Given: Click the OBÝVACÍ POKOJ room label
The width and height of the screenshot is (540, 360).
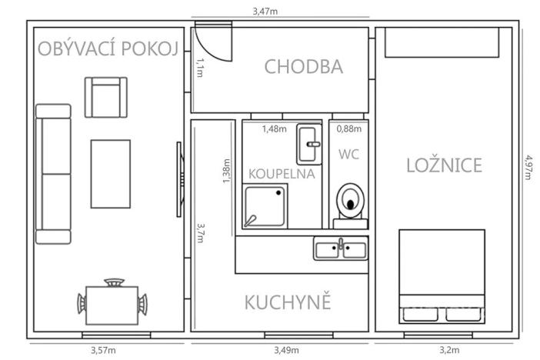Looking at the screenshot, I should (x=108, y=50).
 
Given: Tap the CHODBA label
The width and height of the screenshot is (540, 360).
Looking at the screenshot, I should (x=303, y=66).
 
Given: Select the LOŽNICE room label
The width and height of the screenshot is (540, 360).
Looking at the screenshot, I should (x=444, y=165).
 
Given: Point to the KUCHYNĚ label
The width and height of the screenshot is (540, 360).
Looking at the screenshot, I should (x=288, y=302).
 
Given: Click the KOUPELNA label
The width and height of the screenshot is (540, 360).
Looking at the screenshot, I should (x=282, y=173).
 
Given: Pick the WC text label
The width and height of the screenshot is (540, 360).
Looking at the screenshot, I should (x=348, y=154).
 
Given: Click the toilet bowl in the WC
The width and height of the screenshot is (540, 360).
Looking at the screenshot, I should (x=350, y=200).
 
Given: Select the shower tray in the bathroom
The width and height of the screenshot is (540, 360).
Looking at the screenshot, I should (x=265, y=206).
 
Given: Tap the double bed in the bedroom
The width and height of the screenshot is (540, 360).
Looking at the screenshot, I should (x=442, y=275).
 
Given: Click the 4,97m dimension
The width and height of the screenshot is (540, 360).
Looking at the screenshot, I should (x=528, y=165).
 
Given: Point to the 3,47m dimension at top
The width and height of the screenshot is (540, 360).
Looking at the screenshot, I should (x=265, y=12).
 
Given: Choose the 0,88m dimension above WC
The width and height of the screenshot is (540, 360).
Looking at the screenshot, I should (x=349, y=128).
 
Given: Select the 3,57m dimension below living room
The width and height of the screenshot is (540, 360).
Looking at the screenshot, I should (x=103, y=351).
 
